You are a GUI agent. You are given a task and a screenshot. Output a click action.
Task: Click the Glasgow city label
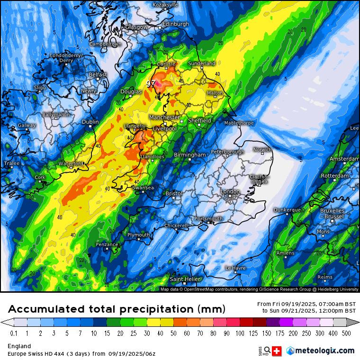(136, 27)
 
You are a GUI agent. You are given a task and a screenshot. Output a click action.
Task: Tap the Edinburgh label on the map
(175, 24)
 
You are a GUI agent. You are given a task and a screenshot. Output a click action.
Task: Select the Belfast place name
(98, 75)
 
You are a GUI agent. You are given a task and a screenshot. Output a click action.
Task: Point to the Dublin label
(90, 122)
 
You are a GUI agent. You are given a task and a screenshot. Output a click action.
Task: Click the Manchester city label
(164, 117)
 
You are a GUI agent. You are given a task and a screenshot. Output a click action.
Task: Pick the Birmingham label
(189, 155)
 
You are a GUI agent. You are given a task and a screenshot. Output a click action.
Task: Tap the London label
(230, 191)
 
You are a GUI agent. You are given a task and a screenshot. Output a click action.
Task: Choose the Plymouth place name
(138, 235)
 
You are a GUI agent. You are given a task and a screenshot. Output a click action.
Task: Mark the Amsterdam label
(344, 159)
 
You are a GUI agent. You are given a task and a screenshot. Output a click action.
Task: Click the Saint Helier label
(185, 279)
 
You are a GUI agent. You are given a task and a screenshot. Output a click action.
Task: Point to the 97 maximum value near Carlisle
(151, 83)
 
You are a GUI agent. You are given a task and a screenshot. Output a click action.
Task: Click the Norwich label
(262, 150)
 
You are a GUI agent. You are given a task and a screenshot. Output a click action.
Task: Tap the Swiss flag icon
(277, 351)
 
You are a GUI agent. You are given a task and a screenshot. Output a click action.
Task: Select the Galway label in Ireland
(27, 126)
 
